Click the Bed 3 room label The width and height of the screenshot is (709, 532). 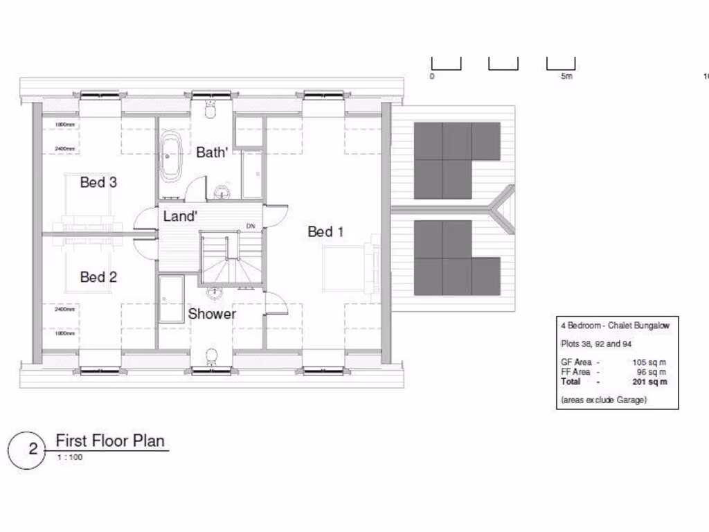pyautogui.click(x=98, y=183)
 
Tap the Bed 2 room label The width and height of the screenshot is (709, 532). pyautogui.click(x=98, y=277)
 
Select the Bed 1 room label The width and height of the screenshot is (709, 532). pyautogui.click(x=325, y=231)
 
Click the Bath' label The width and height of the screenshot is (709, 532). pyautogui.click(x=212, y=152)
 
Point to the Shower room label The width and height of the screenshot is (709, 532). pyautogui.click(x=212, y=314)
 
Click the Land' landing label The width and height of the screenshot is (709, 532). pyautogui.click(x=180, y=217)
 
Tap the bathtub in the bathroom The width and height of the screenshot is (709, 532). pyautogui.click(x=170, y=157)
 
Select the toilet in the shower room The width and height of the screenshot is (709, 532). pyautogui.click(x=212, y=356)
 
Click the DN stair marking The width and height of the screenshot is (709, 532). pyautogui.click(x=251, y=227)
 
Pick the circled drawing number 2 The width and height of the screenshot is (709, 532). pyautogui.click(x=33, y=449)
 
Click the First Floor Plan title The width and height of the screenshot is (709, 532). pyautogui.click(x=110, y=441)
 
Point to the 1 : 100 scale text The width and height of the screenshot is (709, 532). pyautogui.click(x=70, y=457)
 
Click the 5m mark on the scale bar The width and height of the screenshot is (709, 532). pyautogui.click(x=566, y=77)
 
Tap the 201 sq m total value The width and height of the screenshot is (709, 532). pyautogui.click(x=650, y=382)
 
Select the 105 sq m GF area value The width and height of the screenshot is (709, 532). pyautogui.click(x=650, y=362)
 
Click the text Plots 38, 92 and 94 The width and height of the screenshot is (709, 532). pyautogui.click(x=596, y=344)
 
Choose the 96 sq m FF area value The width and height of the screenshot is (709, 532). pyautogui.click(x=652, y=372)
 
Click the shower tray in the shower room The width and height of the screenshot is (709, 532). pyautogui.click(x=171, y=298)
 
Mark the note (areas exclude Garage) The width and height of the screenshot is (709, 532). pyautogui.click(x=603, y=400)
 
